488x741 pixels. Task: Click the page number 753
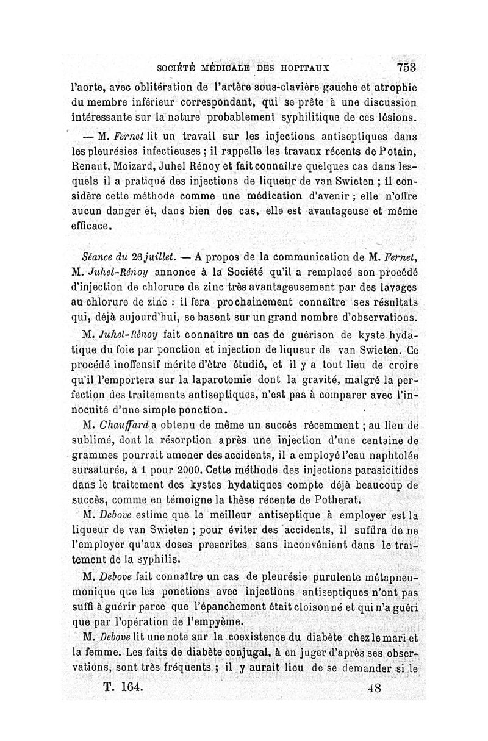pos(405,66)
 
